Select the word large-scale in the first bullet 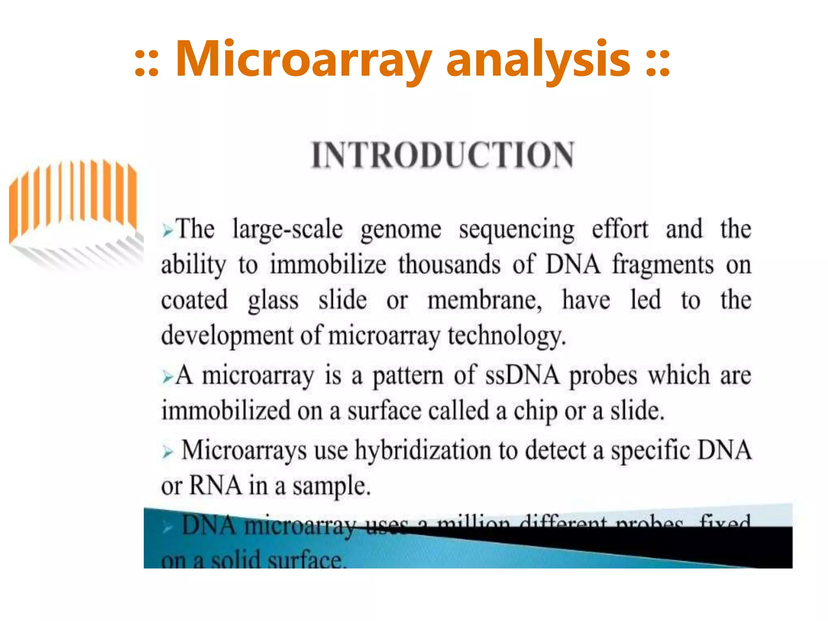coord(288,229)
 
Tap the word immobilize coord(328,265)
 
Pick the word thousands coord(449,265)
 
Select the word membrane coord(485,300)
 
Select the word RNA coord(215,485)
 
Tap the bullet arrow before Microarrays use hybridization coord(167,452)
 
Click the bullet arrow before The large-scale coord(167,231)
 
